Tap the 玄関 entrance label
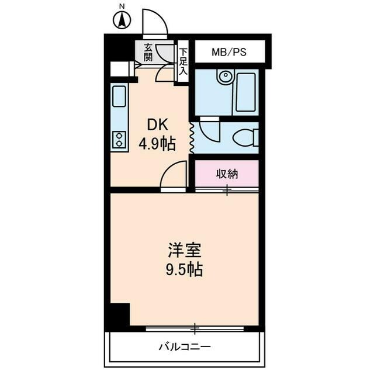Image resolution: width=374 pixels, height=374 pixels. coord(149,53)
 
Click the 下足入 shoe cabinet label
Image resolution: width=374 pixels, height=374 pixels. coord(183,61)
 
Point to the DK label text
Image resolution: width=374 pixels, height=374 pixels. coord(157,124)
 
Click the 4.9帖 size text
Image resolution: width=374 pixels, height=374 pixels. coord(157,143)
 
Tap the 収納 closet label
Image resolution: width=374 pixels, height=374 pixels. coord(227,173)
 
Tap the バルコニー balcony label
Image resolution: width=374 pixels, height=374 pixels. coord(185,347)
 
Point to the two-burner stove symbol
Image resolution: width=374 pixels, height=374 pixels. coord(120,140)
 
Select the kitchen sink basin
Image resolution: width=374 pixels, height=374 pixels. coord(120,96)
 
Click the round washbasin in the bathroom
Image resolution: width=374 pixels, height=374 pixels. coord(224,77)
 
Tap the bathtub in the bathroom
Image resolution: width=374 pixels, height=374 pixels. coord(245,92)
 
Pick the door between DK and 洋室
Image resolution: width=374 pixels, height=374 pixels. coord(174,176)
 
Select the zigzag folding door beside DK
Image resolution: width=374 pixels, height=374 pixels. coord(192,136)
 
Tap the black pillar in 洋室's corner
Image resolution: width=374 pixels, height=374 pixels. coord(120,316)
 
